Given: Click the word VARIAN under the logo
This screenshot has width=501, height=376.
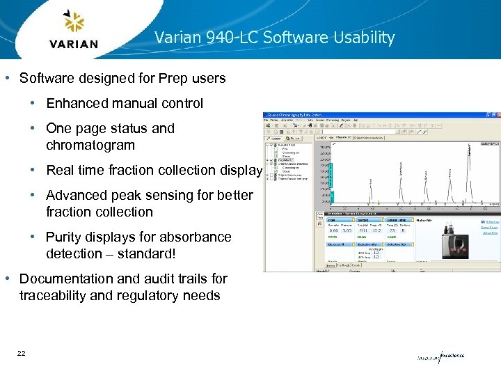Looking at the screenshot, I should (x=74, y=44).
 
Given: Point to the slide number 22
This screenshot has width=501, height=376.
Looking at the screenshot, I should (x=22, y=354).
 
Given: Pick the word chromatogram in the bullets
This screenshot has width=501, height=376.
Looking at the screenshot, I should (x=90, y=146).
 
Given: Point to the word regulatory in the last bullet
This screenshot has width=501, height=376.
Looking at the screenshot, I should (x=148, y=295).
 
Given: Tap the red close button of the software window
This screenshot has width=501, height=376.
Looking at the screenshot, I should (x=496, y=115).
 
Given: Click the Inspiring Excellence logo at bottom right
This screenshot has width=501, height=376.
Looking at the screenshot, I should (x=440, y=357).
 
